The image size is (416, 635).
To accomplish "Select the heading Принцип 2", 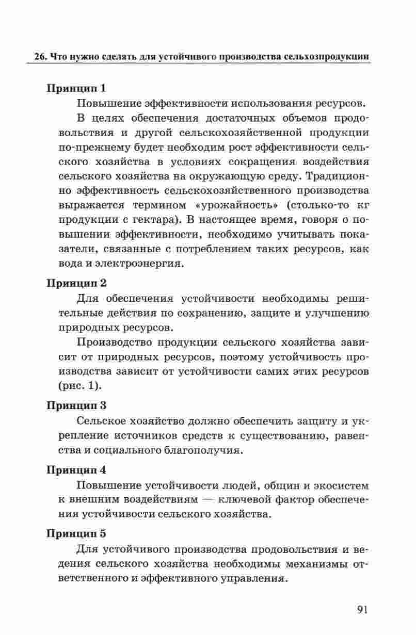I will click(76, 283).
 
